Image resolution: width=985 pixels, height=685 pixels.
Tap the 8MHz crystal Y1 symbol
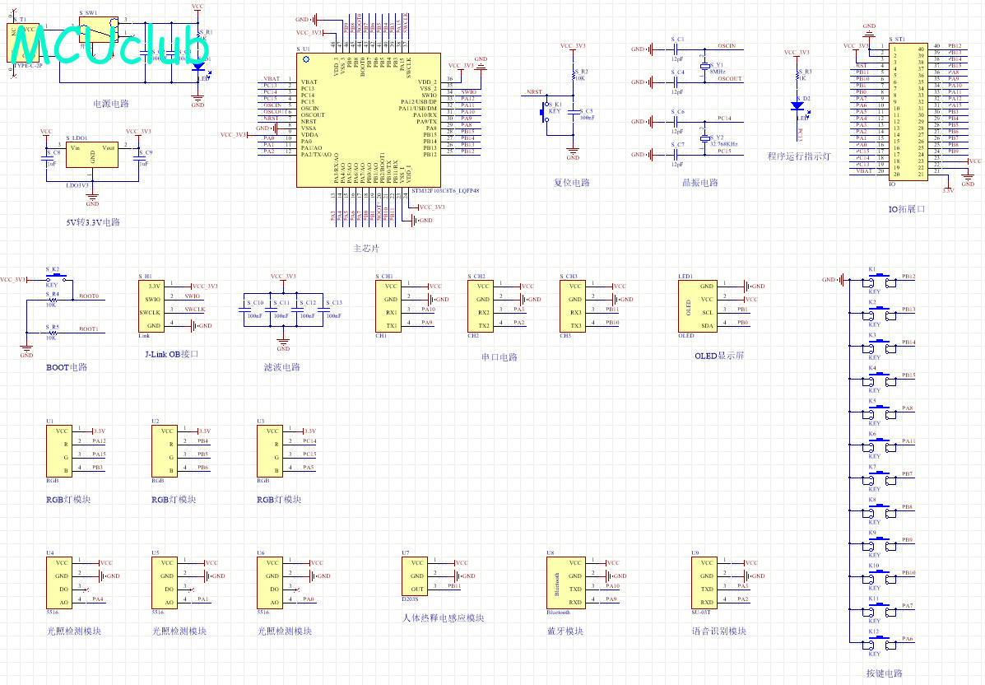click(x=705, y=66)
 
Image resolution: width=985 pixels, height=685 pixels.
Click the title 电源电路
click(x=110, y=104)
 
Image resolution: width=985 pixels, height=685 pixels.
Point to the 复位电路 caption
click(x=571, y=183)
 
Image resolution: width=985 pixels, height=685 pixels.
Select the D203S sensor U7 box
click(x=416, y=575)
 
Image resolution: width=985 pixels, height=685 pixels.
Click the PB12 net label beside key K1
click(x=908, y=277)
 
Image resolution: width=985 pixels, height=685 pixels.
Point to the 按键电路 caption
click(x=884, y=673)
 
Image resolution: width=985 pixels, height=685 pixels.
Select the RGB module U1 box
click(x=61, y=450)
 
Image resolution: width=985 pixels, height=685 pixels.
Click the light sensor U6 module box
click(x=272, y=582)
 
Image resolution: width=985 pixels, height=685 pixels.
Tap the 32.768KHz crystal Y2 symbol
click(x=705, y=138)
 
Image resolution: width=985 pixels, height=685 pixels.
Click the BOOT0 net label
click(x=88, y=296)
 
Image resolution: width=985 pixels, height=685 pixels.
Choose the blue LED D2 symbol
click(x=797, y=105)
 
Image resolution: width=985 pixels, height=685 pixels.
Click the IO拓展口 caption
click(x=907, y=209)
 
